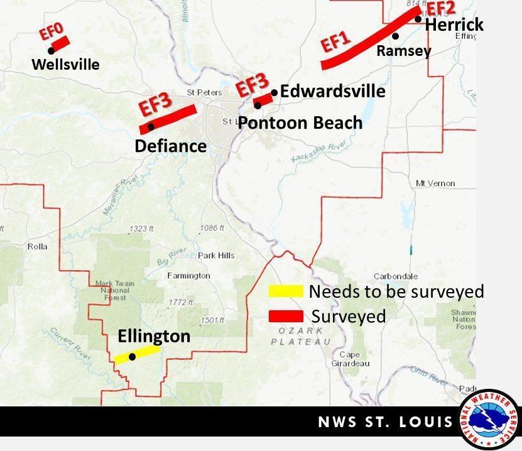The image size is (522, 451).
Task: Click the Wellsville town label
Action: [x=65, y=64]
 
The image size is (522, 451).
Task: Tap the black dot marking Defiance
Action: [x=151, y=127]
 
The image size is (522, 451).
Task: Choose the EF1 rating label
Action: [x=335, y=44]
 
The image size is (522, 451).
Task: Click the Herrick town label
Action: [x=454, y=24]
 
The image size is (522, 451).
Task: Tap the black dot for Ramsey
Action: [x=395, y=36]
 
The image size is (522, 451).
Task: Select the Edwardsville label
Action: [x=332, y=91]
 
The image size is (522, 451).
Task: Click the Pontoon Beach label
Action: [x=300, y=122]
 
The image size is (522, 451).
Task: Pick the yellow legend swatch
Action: [x=286, y=291]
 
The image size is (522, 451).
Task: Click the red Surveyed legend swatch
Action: [x=286, y=316]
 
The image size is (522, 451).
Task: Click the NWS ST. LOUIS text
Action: [x=385, y=421]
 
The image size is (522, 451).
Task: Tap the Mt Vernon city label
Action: [x=435, y=183]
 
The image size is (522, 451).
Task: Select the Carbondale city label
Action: [x=395, y=276]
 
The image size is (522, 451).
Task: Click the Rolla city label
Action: [x=37, y=246]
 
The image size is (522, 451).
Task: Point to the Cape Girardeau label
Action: [x=350, y=359]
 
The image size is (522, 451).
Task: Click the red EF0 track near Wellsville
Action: [x=61, y=43]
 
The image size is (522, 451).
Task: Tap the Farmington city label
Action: [x=188, y=276]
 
